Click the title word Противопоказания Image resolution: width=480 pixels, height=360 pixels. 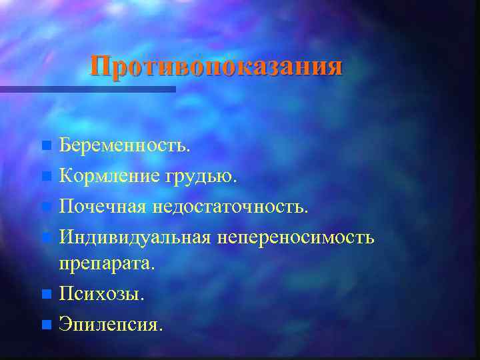tap(217, 67)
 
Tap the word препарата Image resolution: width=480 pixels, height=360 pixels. tap(107, 263)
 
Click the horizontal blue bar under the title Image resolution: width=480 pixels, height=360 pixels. tap(87, 89)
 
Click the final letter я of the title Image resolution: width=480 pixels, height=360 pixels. tap(335, 67)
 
